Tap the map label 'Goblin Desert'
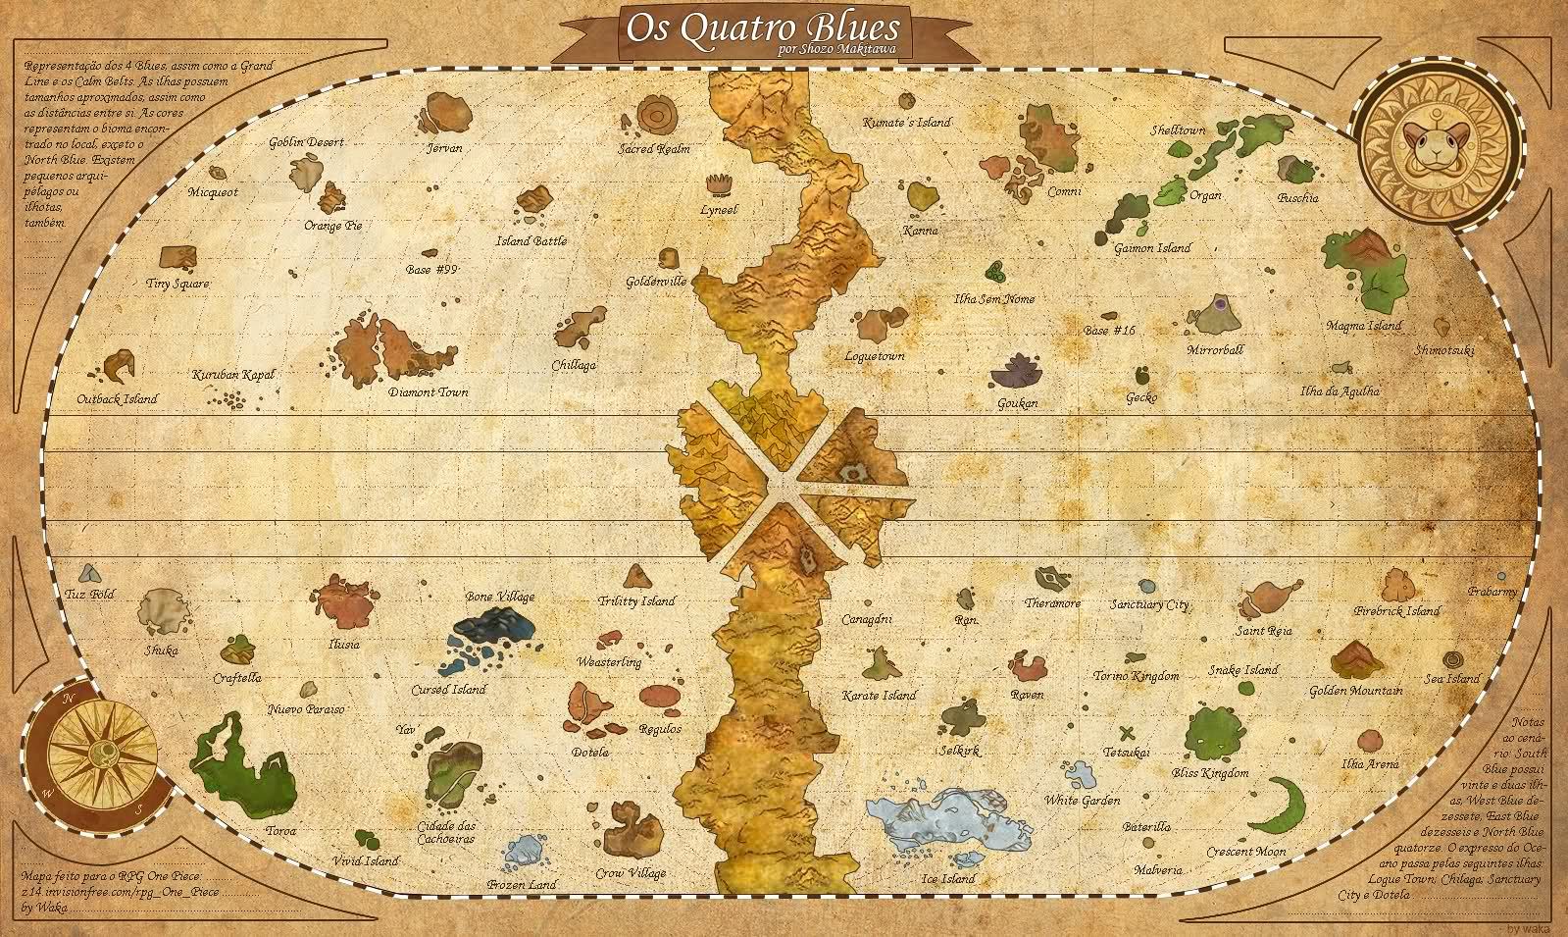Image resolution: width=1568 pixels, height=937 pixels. coord(306,143)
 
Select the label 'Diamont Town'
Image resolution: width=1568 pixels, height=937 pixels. coord(428,392)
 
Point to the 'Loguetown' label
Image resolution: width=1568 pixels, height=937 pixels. coord(875,357)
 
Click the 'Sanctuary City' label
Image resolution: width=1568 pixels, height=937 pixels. coord(1149,605)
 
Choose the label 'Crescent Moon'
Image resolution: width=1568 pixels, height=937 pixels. coord(1245,852)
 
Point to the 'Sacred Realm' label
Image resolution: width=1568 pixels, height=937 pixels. coord(654,150)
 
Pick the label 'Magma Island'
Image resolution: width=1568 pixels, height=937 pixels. coord(1363,326)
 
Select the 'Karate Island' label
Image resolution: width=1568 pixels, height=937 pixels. coord(879,696)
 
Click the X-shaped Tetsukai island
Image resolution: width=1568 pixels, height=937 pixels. coord(1128,732)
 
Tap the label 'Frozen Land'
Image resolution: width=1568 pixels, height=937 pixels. coord(523,885)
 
